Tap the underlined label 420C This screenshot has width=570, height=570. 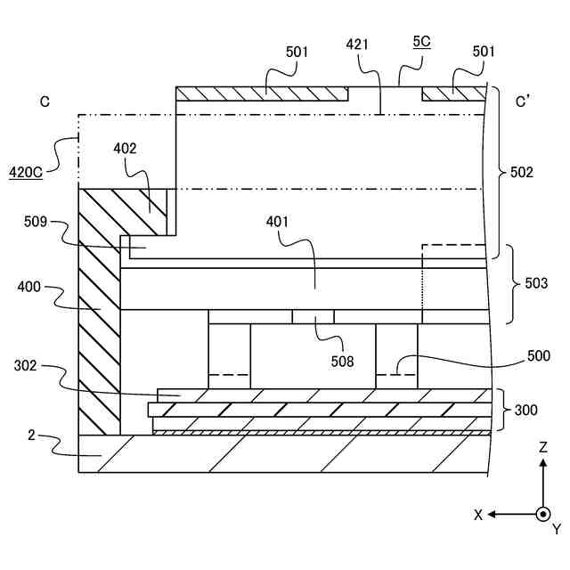coord(26,172)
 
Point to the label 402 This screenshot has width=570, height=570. coord(125,149)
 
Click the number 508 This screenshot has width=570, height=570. coord(341,362)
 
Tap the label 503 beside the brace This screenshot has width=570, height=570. coord(535,284)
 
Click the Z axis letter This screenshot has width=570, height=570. coord(543,447)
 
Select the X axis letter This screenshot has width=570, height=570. coord(478,515)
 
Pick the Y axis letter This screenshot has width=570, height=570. coord(557,530)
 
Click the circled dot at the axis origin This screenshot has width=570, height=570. coord(542,514)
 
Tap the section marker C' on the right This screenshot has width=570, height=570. coord(524,102)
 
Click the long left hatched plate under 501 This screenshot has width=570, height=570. coord(262,94)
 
